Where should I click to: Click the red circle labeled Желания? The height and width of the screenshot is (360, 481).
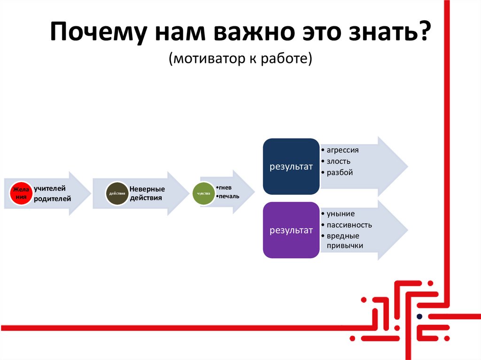click(x=20, y=193)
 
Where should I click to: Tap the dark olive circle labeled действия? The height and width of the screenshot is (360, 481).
click(x=117, y=193)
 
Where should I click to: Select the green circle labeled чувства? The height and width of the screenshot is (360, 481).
click(x=203, y=193)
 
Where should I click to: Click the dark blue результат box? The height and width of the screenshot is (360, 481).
click(x=291, y=166)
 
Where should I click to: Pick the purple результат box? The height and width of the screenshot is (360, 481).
click(x=291, y=230)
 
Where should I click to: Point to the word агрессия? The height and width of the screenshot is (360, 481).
click(x=342, y=150)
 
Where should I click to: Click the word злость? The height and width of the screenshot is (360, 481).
click(x=339, y=161)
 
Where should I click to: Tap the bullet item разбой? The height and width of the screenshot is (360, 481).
click(x=340, y=173)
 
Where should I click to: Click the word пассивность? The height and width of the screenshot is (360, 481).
click(x=349, y=225)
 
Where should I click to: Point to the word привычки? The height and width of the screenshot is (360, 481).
click(x=345, y=245)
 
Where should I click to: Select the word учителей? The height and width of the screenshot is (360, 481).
click(x=49, y=188)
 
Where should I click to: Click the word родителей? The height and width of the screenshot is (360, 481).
click(x=52, y=199)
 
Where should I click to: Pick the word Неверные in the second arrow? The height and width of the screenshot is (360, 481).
click(x=147, y=189)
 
